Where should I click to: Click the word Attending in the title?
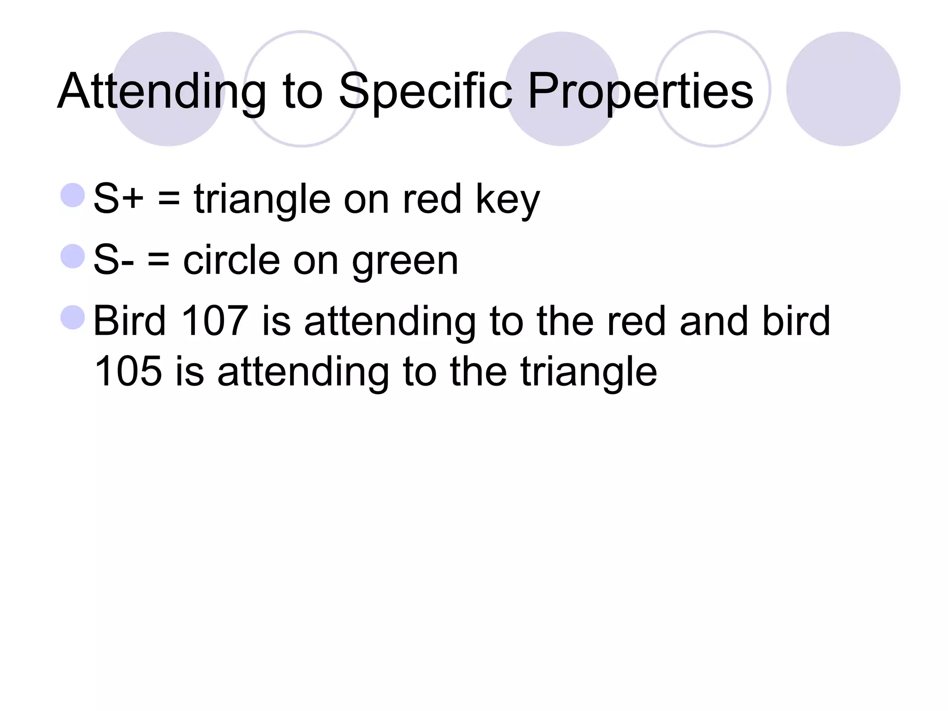[x=162, y=92]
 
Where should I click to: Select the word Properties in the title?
[x=640, y=92]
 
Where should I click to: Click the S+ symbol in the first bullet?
[x=118, y=199]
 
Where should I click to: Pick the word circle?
[x=231, y=260]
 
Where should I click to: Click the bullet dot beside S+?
[x=73, y=195]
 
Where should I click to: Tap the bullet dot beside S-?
[x=73, y=256]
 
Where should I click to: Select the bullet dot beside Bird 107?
[x=73, y=317]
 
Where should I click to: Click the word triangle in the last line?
[x=588, y=373]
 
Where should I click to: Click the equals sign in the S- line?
[x=158, y=261]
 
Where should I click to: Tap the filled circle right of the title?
[x=843, y=89]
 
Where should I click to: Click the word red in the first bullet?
[x=432, y=199]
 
